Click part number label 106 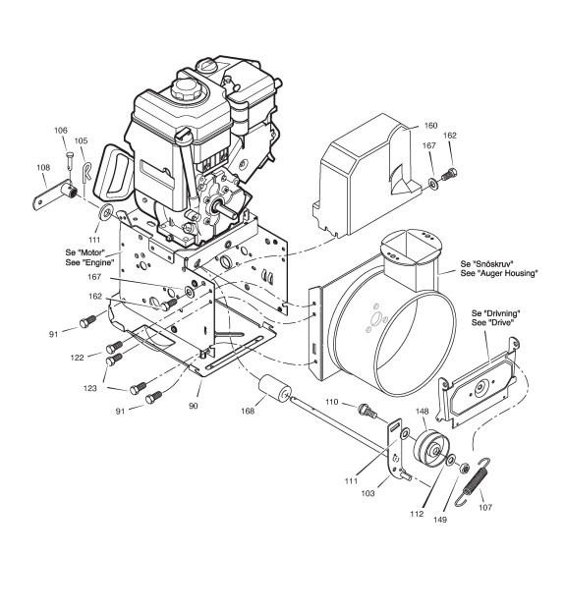coord(61,130)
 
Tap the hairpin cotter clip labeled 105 coord(87,173)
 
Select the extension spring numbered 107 coord(473,482)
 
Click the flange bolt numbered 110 coord(367,411)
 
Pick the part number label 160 coord(430,126)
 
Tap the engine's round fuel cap coord(186,88)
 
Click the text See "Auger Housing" coord(499,273)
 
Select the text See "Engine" coord(90,262)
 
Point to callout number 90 coord(194,406)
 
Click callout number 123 coord(89,388)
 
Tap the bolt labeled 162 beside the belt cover coord(449,174)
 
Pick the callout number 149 coord(440,520)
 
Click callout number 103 coord(367,493)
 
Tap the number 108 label coord(43,168)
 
